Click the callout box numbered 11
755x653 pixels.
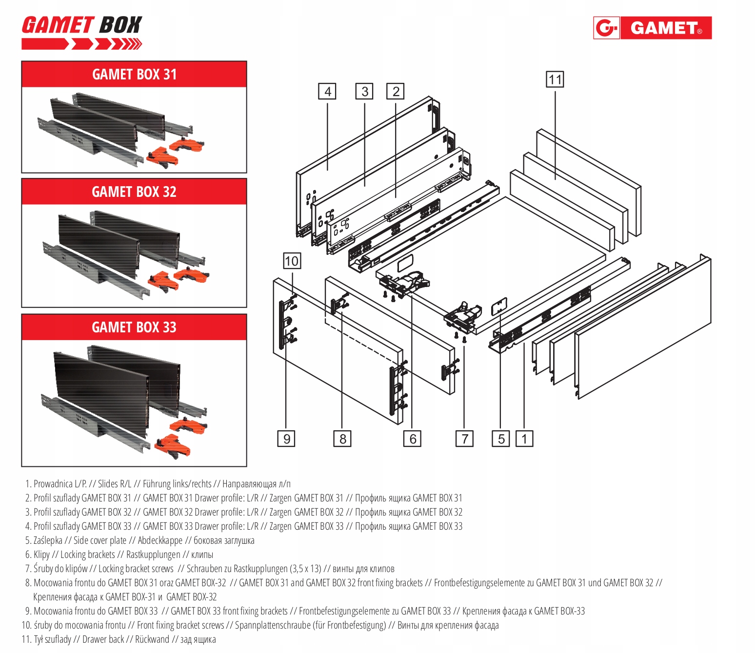point(555,79)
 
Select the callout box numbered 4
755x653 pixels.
point(327,92)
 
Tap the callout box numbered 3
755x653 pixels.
point(364,92)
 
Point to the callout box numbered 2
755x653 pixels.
point(396,92)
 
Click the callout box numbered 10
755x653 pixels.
point(292,261)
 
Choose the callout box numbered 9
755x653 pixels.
point(286,439)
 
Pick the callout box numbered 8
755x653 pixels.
point(342,439)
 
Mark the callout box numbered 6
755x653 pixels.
point(413,439)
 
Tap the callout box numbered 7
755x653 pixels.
point(464,439)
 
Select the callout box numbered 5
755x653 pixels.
point(501,439)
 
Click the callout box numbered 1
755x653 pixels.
point(524,439)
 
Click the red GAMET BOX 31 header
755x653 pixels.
point(134,75)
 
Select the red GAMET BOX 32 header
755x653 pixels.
point(134,192)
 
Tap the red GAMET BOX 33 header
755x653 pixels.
point(134,327)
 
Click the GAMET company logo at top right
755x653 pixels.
point(652,28)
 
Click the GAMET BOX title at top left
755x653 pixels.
point(81,25)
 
